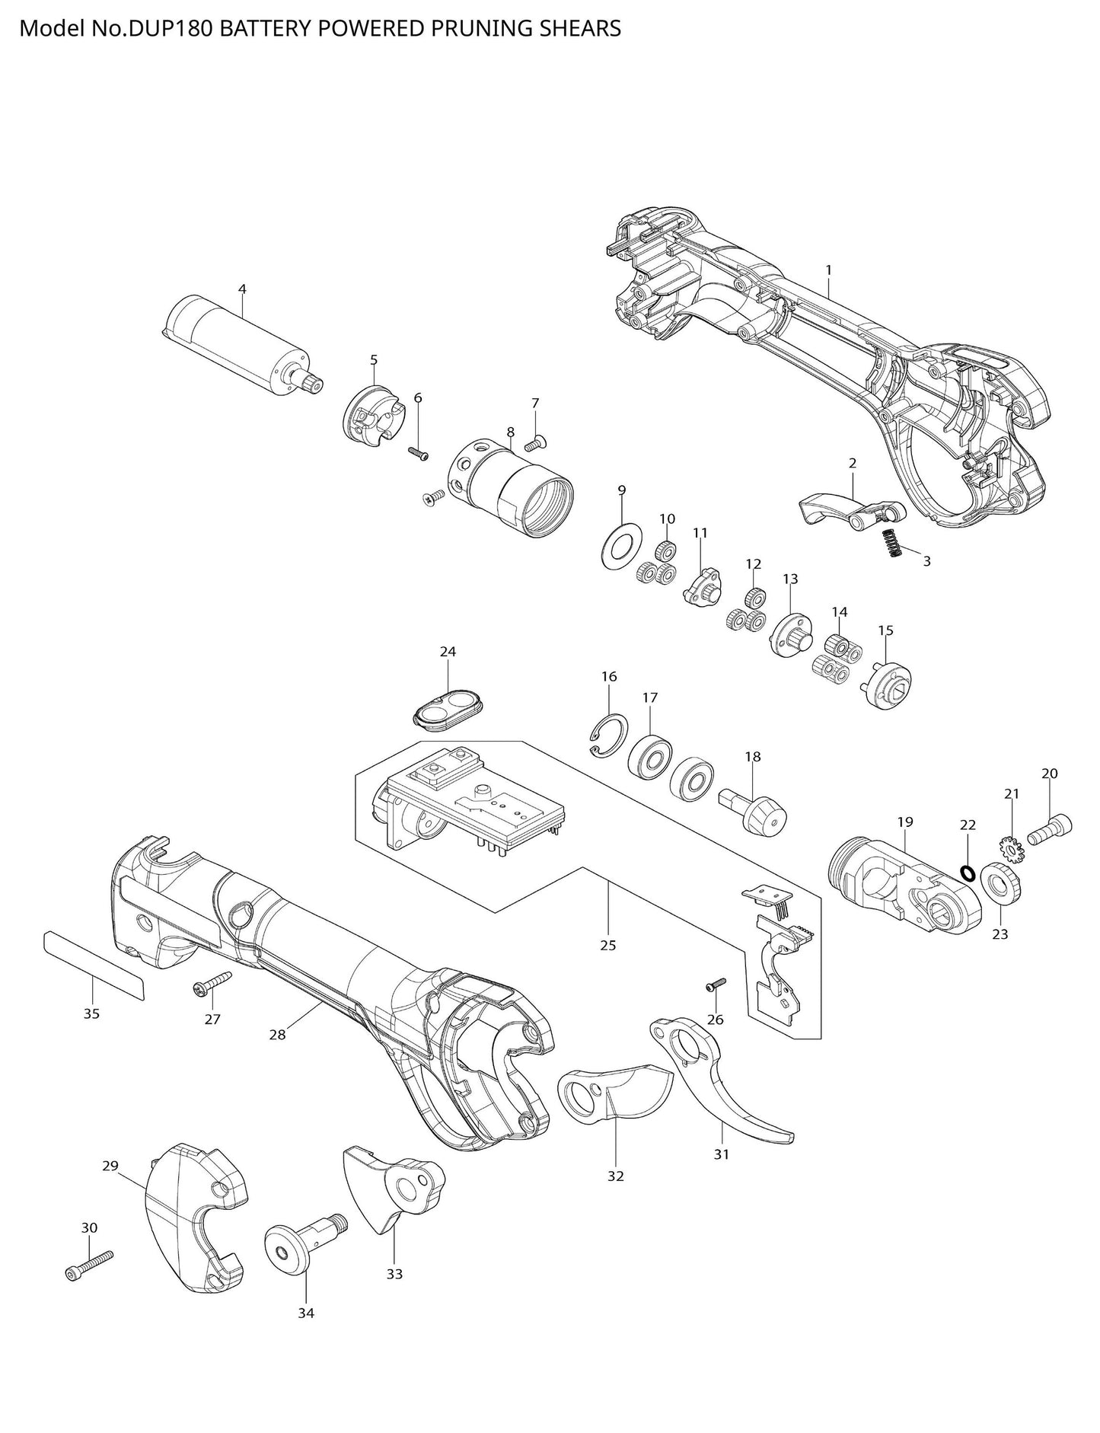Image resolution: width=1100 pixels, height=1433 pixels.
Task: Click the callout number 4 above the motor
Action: coord(242,289)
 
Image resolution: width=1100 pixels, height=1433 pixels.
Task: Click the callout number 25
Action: coord(607,945)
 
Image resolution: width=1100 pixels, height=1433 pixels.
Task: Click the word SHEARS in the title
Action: coord(584,29)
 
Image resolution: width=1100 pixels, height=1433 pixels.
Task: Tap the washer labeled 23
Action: coord(998,885)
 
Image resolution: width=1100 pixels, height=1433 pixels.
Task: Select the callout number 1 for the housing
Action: coord(828,270)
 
